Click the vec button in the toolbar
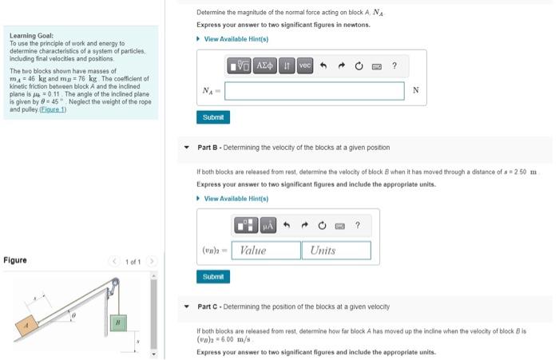click(303, 65)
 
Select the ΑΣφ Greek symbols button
click(264, 65)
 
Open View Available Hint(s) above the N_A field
click(236, 39)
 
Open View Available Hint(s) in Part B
click(236, 199)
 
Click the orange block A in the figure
click(28, 326)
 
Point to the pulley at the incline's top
click(113, 283)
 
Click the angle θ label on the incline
click(74, 317)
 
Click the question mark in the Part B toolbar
click(357, 226)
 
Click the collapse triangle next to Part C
click(188, 307)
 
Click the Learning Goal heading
click(31, 36)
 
